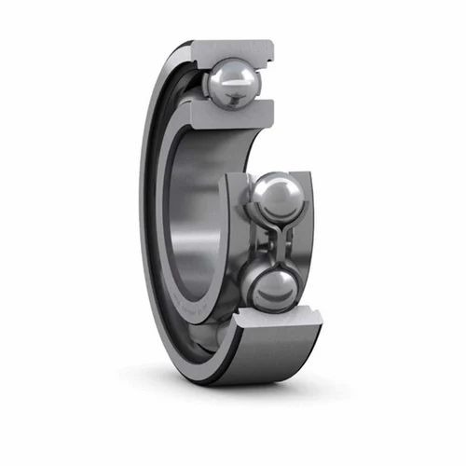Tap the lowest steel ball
point(273,290)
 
